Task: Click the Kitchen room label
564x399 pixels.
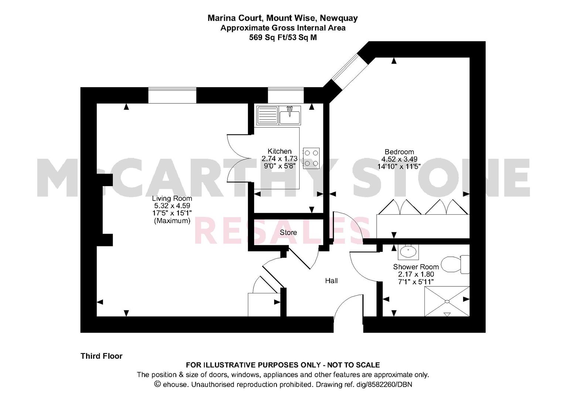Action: [280, 151]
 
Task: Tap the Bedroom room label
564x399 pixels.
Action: [399, 151]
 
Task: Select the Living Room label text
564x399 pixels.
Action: [172, 198]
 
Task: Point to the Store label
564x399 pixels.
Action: [288, 232]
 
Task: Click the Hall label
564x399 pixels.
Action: [331, 281]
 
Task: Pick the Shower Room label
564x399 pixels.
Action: [416, 266]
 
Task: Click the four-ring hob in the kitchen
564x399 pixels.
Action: [311, 158]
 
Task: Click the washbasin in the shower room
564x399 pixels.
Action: [408, 252]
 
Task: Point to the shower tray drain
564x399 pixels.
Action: [447, 301]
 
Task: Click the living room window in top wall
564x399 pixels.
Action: [172, 95]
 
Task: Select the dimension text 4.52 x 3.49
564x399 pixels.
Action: [399, 159]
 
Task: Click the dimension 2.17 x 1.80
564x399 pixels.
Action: [416, 274]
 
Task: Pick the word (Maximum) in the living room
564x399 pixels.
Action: [172, 221]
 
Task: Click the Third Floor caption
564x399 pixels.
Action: [102, 356]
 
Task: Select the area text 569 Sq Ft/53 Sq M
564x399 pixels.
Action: [283, 38]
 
